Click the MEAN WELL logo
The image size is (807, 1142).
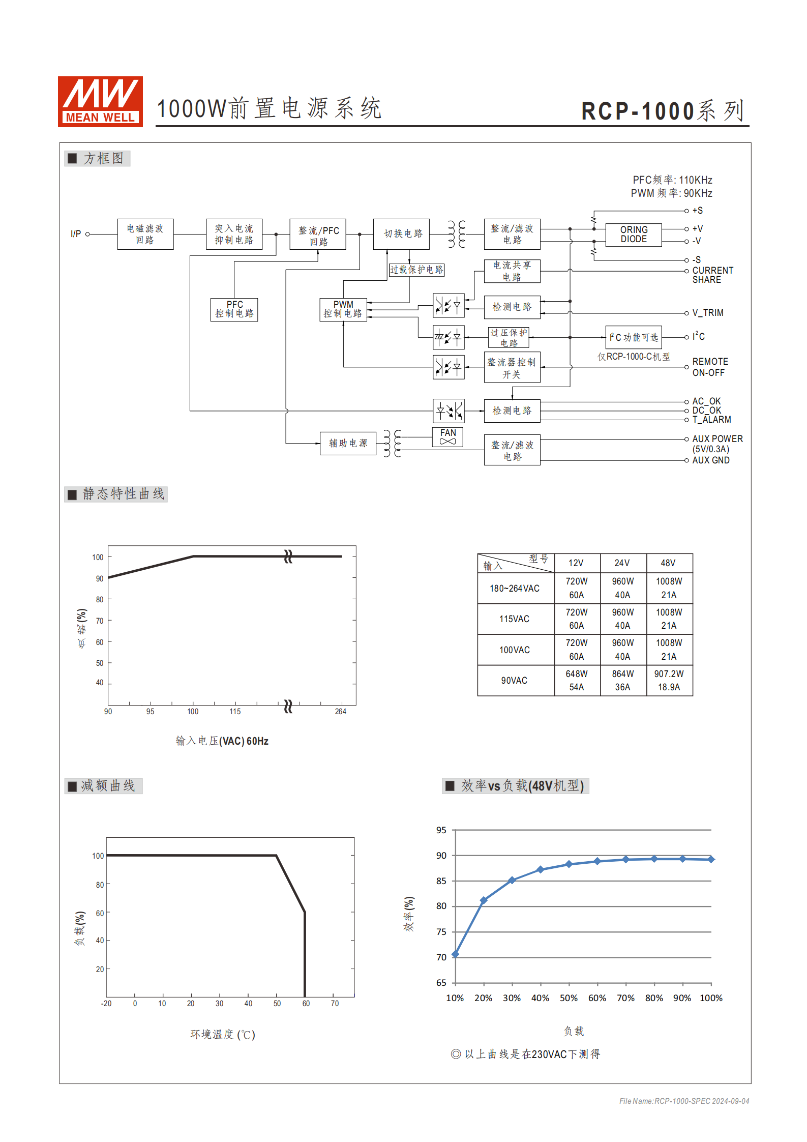tap(100, 101)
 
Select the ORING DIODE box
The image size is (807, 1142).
tap(634, 235)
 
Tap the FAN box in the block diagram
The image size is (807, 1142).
tap(447, 436)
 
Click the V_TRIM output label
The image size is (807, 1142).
tap(708, 313)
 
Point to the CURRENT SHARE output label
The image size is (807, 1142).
tap(712, 275)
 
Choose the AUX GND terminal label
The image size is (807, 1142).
tap(710, 460)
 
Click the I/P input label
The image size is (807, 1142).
tap(76, 234)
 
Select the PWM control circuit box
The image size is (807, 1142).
tap(343, 309)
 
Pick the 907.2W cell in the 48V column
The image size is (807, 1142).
tap(669, 674)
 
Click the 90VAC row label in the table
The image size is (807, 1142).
tap(514, 681)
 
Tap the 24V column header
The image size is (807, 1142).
tap(622, 563)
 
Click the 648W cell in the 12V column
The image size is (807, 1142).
tap(576, 674)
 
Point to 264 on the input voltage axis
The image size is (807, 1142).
tap(340, 712)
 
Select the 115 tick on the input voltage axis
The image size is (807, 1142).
tap(235, 712)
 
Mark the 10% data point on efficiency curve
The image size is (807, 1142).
tap(455, 954)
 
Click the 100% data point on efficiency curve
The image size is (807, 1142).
tap(711, 859)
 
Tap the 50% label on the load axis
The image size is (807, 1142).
tap(569, 998)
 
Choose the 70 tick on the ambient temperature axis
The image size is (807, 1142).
tap(335, 1004)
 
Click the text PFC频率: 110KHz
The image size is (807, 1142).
tap(672, 180)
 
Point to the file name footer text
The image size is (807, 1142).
tap(684, 1101)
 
